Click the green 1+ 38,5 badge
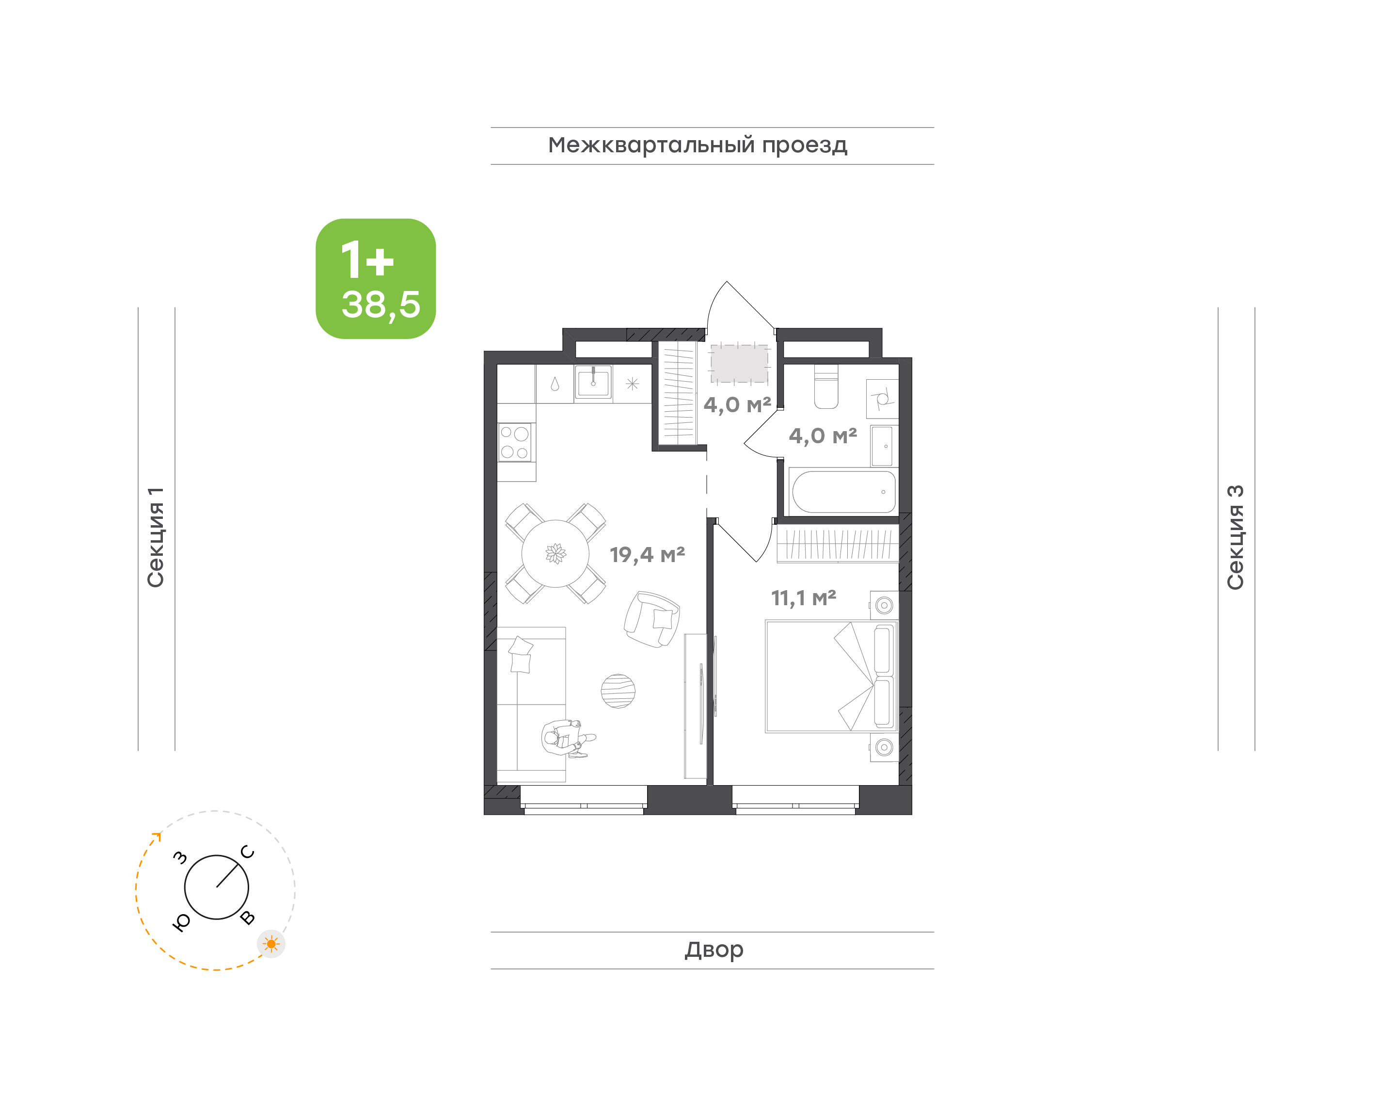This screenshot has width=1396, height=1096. (375, 278)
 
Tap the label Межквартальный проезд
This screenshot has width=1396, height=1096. (697, 145)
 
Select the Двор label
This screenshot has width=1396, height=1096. (714, 949)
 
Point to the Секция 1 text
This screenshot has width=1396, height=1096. (156, 537)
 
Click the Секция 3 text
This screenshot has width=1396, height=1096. (1235, 537)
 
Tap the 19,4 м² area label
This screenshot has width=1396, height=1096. (647, 554)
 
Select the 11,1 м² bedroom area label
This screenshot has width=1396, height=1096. (804, 598)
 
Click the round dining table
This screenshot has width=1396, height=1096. (555, 553)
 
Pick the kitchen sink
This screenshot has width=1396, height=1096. (593, 383)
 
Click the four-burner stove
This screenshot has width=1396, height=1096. (515, 442)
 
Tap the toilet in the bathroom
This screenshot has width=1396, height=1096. (826, 387)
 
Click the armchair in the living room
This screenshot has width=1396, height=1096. (652, 619)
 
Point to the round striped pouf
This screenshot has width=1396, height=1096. (618, 691)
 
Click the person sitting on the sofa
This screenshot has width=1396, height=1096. (567, 739)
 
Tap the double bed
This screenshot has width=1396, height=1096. (831, 677)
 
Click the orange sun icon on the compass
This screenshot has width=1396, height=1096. (271, 944)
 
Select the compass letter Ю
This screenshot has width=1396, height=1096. (181, 922)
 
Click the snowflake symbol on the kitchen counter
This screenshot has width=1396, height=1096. (632, 384)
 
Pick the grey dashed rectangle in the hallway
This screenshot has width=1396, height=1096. (739, 364)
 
